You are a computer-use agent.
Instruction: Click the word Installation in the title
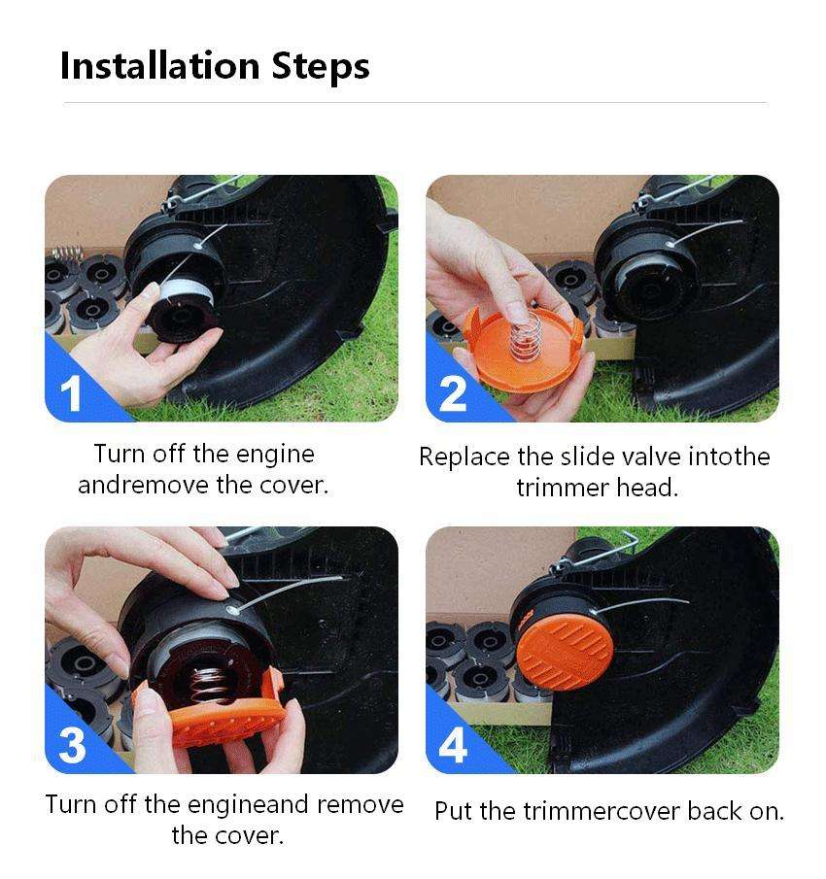(x=159, y=66)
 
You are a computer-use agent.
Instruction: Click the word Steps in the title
(x=320, y=67)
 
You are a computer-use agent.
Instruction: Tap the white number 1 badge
(x=71, y=393)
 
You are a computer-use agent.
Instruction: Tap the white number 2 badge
(x=453, y=393)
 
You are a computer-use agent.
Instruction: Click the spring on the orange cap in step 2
(x=526, y=336)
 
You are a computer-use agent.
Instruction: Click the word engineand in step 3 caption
(x=248, y=805)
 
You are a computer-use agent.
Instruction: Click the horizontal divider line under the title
(x=415, y=103)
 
